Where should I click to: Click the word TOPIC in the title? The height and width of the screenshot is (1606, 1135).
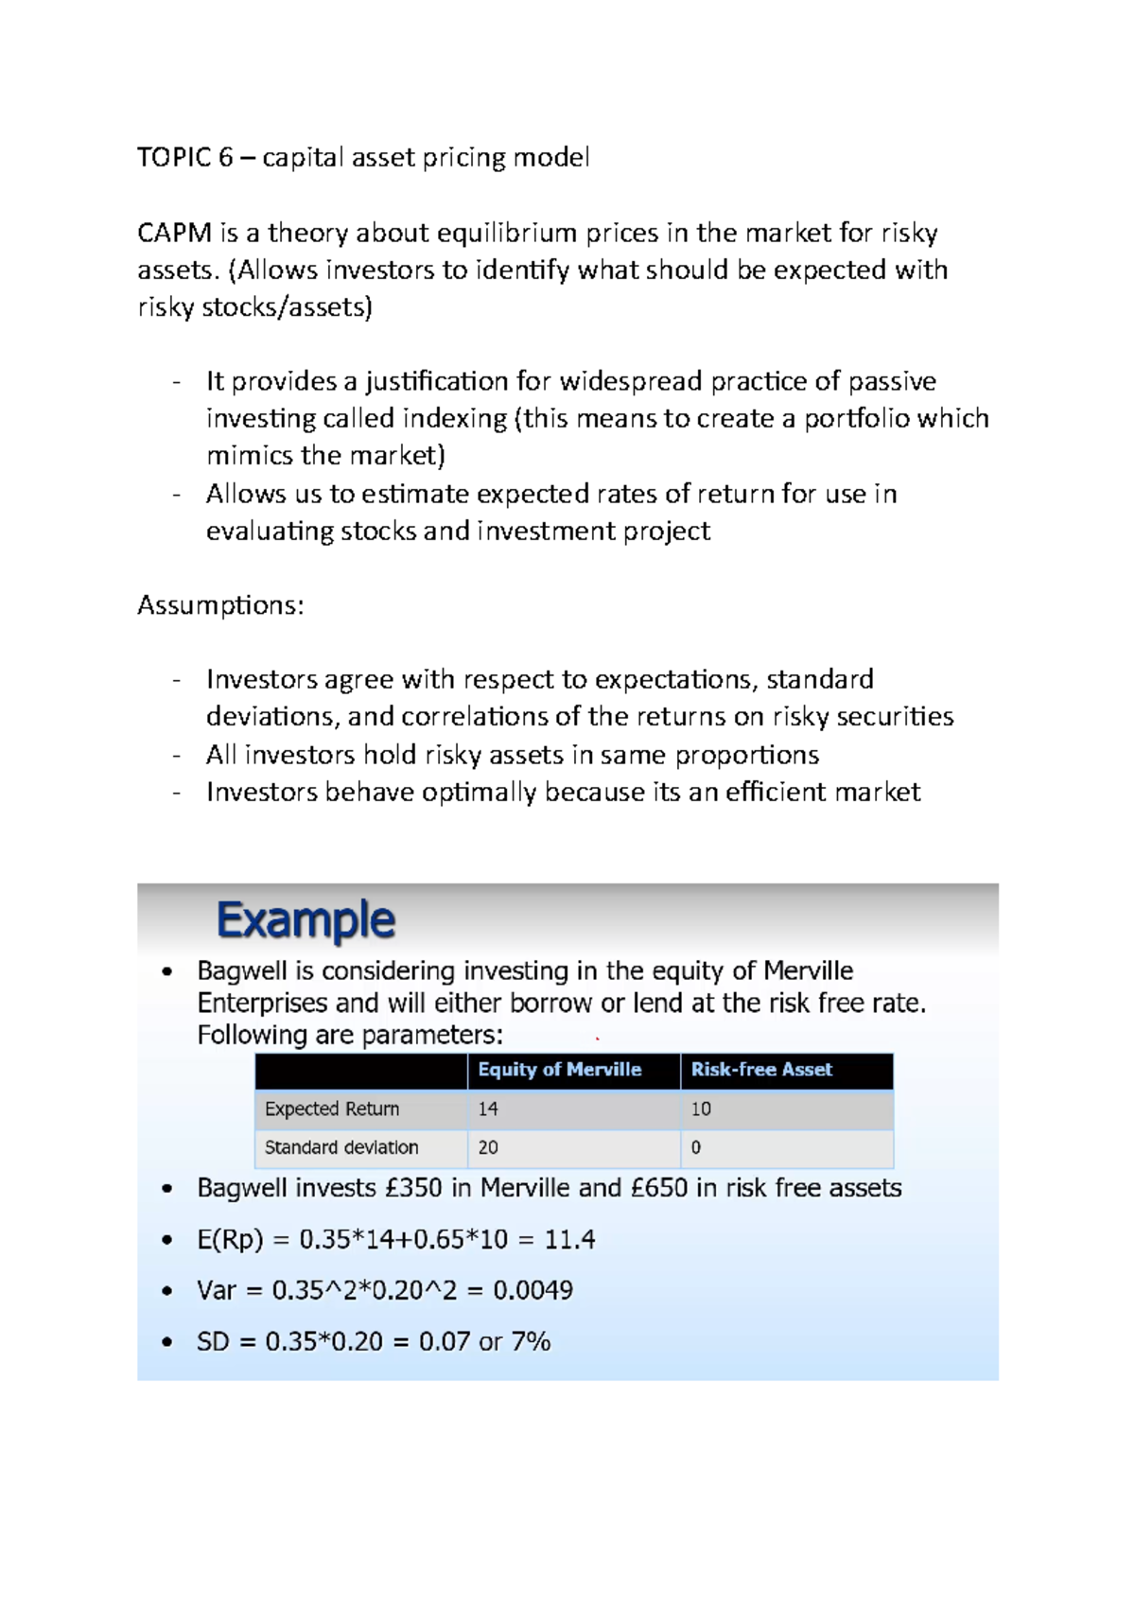(x=174, y=157)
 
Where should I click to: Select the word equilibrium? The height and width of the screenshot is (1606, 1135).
(x=507, y=233)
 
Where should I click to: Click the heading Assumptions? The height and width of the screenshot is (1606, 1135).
(x=220, y=605)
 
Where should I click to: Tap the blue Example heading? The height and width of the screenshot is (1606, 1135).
(x=306, y=919)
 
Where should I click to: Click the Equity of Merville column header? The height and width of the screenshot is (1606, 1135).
(x=559, y=1070)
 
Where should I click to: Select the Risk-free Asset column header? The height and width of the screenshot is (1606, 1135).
(x=761, y=1070)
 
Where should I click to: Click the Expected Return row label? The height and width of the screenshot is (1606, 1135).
(x=332, y=1108)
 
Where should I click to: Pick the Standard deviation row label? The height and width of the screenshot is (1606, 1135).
(x=341, y=1147)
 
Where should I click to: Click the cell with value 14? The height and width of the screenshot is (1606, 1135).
(x=488, y=1108)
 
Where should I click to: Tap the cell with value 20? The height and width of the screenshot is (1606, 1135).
(x=488, y=1147)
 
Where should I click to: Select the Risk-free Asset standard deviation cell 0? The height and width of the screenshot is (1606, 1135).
(x=696, y=1147)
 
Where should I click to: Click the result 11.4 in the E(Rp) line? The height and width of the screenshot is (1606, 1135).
(x=569, y=1240)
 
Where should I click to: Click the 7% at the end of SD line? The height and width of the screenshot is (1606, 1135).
(x=531, y=1342)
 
